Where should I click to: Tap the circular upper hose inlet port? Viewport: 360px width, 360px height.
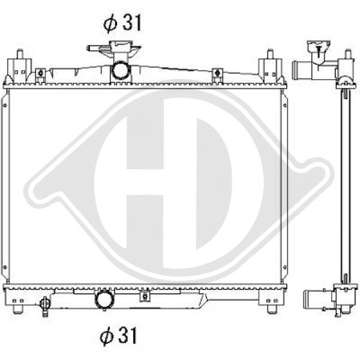pos(121,71)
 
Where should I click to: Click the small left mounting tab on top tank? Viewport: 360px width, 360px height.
pos(41,75)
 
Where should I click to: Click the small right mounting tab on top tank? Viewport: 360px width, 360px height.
pos(217,75)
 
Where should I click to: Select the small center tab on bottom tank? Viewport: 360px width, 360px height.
pos(143,295)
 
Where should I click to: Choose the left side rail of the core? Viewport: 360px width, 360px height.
pos(6,186)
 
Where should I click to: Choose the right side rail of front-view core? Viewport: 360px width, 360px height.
pos(284,186)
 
